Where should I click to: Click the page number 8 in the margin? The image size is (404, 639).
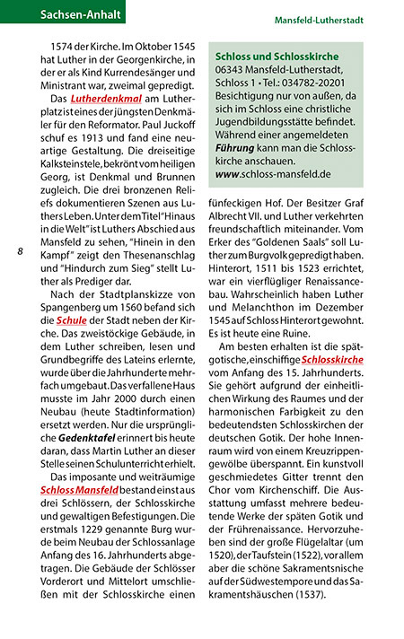tap(20, 253)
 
